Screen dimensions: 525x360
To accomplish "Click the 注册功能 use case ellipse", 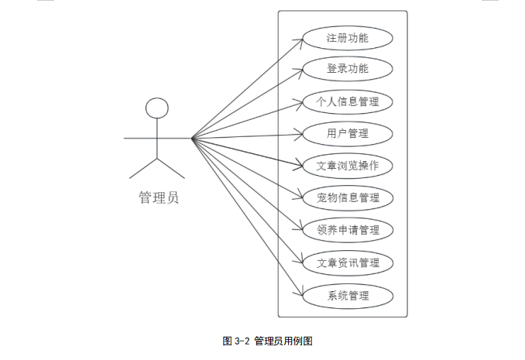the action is click(348, 38).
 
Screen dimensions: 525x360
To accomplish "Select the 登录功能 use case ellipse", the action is click(348, 69).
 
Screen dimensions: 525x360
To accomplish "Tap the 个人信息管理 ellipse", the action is click(348, 101).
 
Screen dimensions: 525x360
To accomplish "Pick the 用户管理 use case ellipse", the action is click(348, 134).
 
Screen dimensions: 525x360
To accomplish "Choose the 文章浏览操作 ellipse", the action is click(348, 166).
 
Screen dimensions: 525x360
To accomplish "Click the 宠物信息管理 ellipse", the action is click(348, 198).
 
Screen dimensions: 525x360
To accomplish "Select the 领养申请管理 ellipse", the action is click(348, 230).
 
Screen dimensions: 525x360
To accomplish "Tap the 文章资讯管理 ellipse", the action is click(348, 263).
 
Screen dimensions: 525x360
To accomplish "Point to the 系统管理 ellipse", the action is click(348, 296).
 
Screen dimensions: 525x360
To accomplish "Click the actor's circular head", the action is click(157, 108).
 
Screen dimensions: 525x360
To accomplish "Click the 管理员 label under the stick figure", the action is click(159, 197).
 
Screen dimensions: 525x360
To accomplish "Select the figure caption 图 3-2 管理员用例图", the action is click(267, 341).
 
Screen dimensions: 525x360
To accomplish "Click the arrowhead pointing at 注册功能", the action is click(300, 42).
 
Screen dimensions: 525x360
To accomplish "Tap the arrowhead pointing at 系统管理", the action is click(299, 292).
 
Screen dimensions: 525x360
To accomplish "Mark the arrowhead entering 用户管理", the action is click(299, 135).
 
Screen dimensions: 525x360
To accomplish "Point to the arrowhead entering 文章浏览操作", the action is click(298, 164).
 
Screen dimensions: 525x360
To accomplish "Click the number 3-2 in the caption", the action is click(242, 341).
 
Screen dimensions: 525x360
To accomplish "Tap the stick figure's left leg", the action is click(143, 169).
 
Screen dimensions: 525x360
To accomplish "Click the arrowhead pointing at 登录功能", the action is click(299, 72).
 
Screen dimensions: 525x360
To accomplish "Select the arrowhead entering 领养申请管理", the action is click(299, 227).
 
